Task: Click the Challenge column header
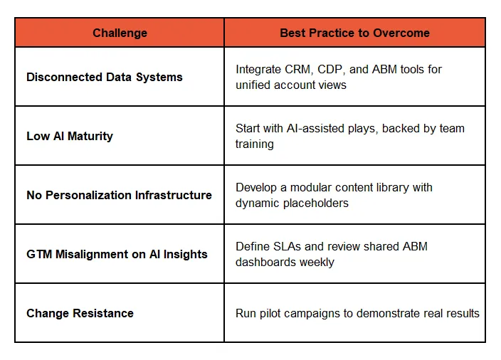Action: pyautogui.click(x=120, y=33)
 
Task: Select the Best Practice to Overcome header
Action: pyautogui.click(x=354, y=33)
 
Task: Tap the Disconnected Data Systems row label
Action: pyautogui.click(x=105, y=77)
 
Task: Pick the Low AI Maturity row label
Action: pyautogui.click(x=70, y=136)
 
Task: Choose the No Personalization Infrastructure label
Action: pyautogui.click(x=119, y=195)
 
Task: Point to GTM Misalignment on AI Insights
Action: pyautogui.click(x=117, y=254)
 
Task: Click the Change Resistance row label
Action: pyautogui.click(x=80, y=313)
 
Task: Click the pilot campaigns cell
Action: pyautogui.click(x=357, y=313)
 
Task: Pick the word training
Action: pyautogui.click(x=255, y=144)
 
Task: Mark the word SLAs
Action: pyautogui.click(x=285, y=246)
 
